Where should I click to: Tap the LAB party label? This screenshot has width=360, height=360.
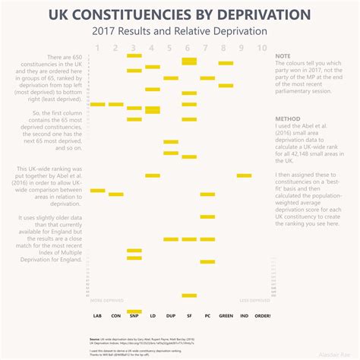[97, 315]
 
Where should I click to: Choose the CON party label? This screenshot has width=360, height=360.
[115, 315]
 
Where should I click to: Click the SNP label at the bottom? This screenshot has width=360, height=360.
[134, 315]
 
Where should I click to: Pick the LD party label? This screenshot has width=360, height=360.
[153, 315]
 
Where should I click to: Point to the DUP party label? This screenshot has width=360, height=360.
[171, 315]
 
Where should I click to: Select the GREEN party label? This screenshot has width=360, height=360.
[226, 315]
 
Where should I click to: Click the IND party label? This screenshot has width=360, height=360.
[244, 315]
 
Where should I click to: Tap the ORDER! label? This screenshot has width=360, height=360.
[263, 315]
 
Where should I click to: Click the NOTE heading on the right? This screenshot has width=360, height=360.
[283, 57]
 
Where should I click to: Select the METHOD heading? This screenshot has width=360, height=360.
[287, 119]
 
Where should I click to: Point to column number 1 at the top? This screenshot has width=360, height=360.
[97, 48]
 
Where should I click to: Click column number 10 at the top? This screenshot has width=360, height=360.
[262, 48]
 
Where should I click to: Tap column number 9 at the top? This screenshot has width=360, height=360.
[244, 48]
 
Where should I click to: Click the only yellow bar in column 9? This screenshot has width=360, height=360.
[244, 175]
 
